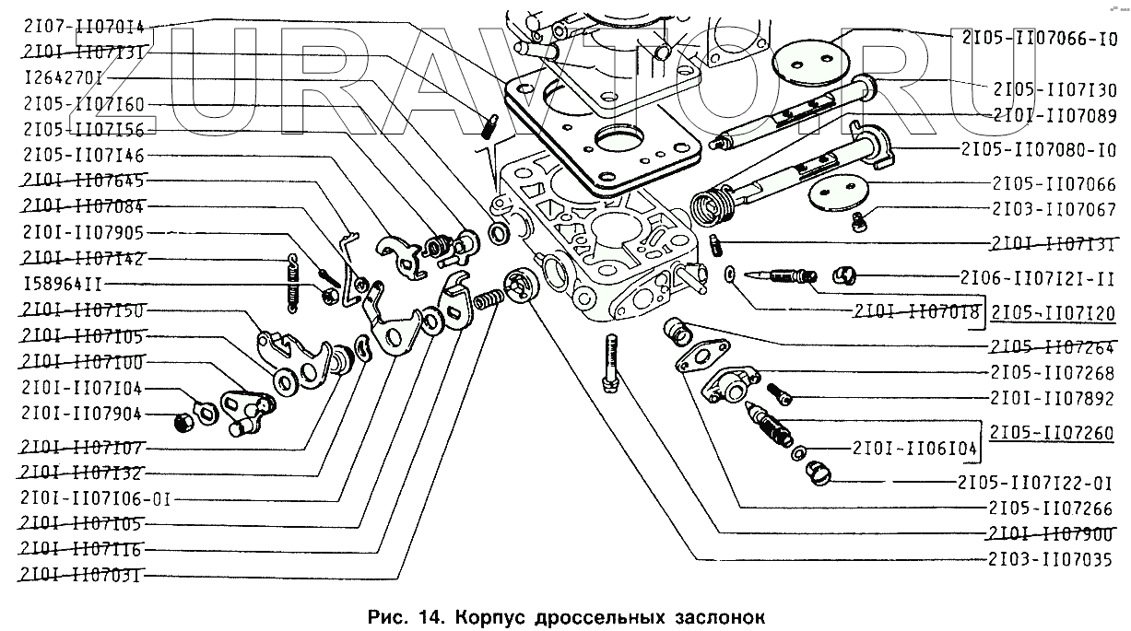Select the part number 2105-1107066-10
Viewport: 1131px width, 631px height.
coord(1039,39)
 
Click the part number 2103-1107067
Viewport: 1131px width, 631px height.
coord(1055,209)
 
